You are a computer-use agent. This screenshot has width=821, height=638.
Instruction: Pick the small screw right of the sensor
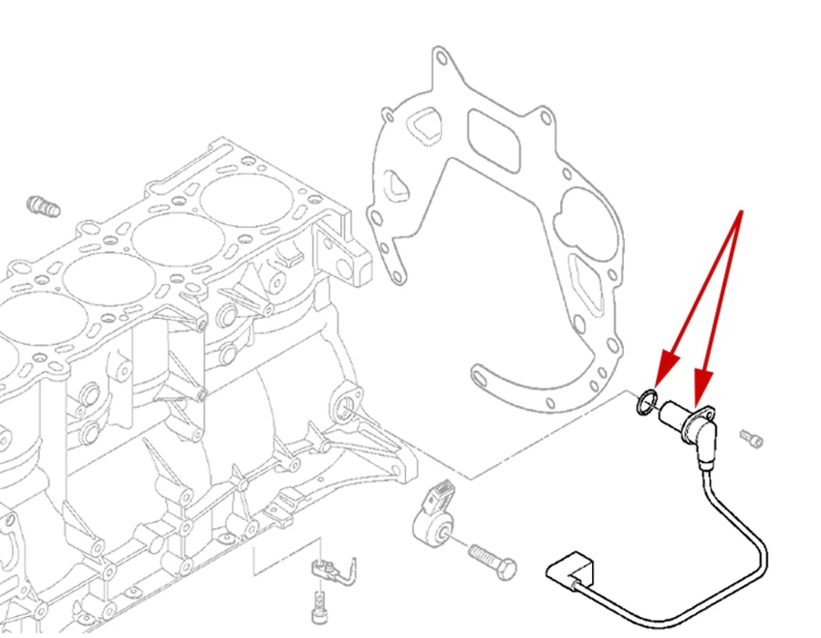point(751,438)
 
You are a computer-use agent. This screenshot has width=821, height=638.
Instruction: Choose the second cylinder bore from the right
point(173,240)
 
